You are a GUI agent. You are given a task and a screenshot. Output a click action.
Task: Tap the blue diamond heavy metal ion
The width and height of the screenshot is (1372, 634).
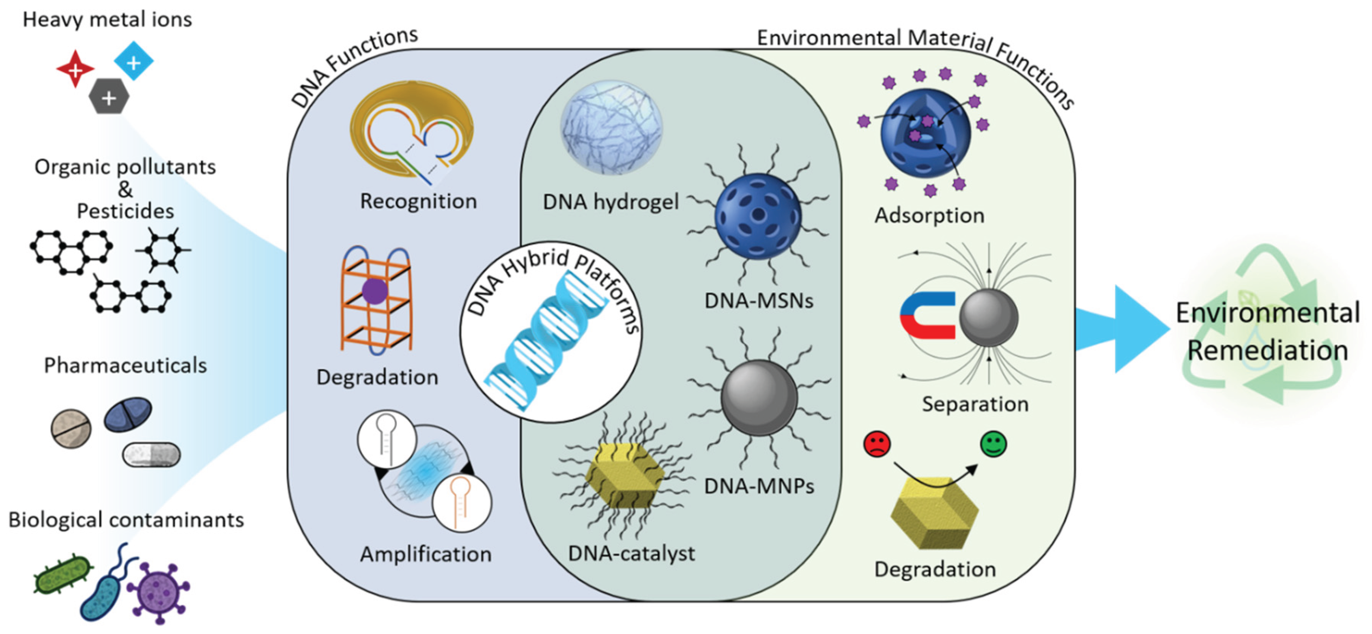pos(134,61)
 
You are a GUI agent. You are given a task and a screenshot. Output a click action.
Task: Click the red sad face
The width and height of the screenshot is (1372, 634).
pos(877,444)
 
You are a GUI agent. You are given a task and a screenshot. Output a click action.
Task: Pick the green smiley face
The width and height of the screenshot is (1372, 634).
pos(994,444)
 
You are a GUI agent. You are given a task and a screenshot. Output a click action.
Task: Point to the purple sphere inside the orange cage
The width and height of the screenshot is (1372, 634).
pos(374,292)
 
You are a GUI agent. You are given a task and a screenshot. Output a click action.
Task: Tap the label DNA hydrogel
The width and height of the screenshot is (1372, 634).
pos(611,202)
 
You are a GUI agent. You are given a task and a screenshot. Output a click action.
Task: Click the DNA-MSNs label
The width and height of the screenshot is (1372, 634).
pos(759,301)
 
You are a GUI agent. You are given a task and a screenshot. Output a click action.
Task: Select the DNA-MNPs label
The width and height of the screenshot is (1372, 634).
pos(759,486)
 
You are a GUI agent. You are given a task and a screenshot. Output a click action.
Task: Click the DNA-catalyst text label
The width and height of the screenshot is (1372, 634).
pos(631,554)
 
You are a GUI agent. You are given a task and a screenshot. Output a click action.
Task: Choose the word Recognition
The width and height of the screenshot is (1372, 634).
pos(418,202)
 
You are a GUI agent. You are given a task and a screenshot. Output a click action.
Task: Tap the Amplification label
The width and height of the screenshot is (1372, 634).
pos(426,554)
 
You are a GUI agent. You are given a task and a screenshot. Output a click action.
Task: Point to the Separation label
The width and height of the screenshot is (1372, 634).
pos(975,404)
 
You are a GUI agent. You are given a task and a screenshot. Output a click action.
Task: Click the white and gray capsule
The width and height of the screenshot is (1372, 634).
pos(151,455)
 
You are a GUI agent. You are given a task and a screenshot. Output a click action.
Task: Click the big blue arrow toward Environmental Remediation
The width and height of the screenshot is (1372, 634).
pos(1121,329)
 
